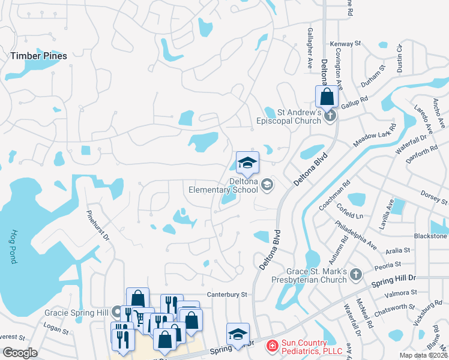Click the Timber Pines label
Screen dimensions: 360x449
(38, 56)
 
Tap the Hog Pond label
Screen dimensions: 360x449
(13, 247)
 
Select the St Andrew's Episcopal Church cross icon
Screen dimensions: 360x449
(329, 116)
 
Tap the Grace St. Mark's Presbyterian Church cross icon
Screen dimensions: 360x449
(355, 274)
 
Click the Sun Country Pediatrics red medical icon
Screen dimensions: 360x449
(271, 346)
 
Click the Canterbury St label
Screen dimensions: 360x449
(227, 295)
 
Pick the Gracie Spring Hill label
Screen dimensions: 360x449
(76, 313)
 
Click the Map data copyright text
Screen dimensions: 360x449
(423, 355)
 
